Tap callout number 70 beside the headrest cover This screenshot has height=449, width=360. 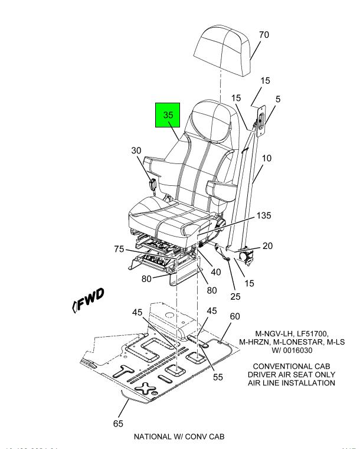[264, 35]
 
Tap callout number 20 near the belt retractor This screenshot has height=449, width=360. [267, 246]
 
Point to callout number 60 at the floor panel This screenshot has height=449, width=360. [235, 317]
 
